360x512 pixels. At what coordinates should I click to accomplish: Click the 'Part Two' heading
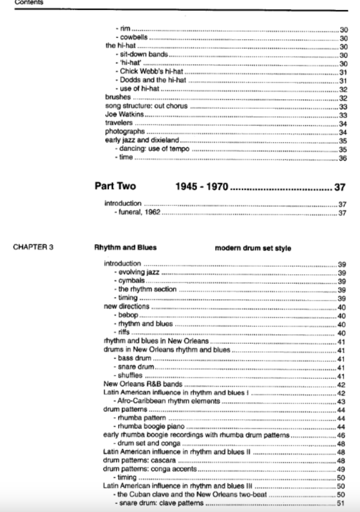pos(115,186)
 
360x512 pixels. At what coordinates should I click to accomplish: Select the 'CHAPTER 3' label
pos(33,247)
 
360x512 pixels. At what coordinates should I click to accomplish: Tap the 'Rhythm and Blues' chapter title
pos(125,247)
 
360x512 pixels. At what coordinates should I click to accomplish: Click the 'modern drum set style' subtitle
pos(253,248)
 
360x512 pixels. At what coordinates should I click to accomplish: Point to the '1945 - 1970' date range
pos(201,187)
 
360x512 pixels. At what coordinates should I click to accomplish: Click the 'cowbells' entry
pos(134,37)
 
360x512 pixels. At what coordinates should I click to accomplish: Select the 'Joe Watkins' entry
pos(124,114)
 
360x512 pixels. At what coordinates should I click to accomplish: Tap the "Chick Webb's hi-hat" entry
pos(151,71)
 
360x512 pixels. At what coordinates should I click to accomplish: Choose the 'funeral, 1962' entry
pos(139,212)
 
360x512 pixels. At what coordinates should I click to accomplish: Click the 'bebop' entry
pos(128,315)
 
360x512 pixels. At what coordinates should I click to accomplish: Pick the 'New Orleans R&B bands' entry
pos(143,384)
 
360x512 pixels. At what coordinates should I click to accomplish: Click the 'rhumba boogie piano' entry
pos(151,426)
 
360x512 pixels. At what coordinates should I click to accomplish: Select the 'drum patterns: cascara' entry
pos(139,460)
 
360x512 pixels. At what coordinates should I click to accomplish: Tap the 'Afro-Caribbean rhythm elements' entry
pos(169,401)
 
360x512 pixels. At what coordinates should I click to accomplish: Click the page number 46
pos(341,435)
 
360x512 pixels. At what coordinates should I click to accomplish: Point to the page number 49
pos(341,469)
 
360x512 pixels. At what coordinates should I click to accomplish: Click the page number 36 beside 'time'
pos(342,158)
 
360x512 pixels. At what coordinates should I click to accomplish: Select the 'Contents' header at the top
pos(29,2)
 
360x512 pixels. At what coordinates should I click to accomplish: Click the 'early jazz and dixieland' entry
pos(142,140)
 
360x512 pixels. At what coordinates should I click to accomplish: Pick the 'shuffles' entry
pos(130,375)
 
